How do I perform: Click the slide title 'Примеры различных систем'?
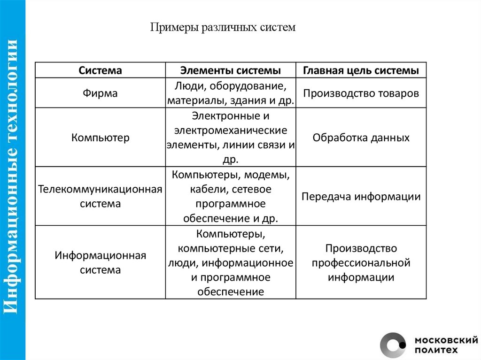pyautogui.click(x=223, y=27)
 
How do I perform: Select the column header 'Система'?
pyautogui.click(x=100, y=70)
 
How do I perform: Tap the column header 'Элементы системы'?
pyautogui.click(x=230, y=70)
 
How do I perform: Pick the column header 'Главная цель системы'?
pyautogui.click(x=361, y=70)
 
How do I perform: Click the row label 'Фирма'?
pyautogui.click(x=100, y=93)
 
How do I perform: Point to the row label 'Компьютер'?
pyautogui.click(x=100, y=138)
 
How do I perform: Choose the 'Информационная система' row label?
pyautogui.click(x=100, y=263)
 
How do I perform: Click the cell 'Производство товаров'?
pyautogui.click(x=361, y=93)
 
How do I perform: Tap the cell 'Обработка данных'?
pyautogui.click(x=361, y=138)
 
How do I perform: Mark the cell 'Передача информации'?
pyautogui.click(x=361, y=197)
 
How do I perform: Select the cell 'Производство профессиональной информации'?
pyautogui.click(x=361, y=262)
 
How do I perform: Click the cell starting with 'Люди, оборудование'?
pyautogui.click(x=230, y=93)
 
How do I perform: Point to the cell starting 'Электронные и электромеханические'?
pyautogui.click(x=230, y=138)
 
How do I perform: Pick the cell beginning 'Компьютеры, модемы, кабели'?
pyautogui.click(x=230, y=197)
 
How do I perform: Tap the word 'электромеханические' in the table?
pyautogui.click(x=230, y=130)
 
